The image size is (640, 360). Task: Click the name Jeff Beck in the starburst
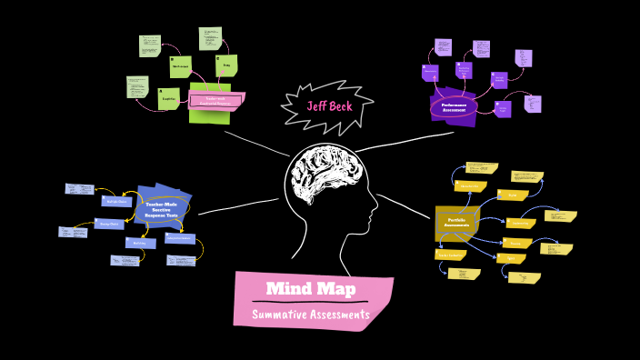328,105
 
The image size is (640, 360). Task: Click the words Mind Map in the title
312,290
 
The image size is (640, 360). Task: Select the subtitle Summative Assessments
312,315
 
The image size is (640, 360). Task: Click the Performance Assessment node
454,106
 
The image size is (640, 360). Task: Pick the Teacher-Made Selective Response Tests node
163,208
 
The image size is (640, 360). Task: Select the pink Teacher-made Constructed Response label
215,100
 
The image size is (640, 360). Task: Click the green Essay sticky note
225,65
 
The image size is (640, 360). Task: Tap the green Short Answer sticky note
181,66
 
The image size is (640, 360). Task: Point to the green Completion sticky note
168,98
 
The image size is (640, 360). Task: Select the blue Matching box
140,243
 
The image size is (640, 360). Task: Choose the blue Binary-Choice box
111,224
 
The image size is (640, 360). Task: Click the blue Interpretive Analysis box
179,238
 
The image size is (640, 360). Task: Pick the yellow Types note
509,258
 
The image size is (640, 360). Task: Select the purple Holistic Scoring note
501,80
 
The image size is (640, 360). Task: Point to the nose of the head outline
375,219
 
